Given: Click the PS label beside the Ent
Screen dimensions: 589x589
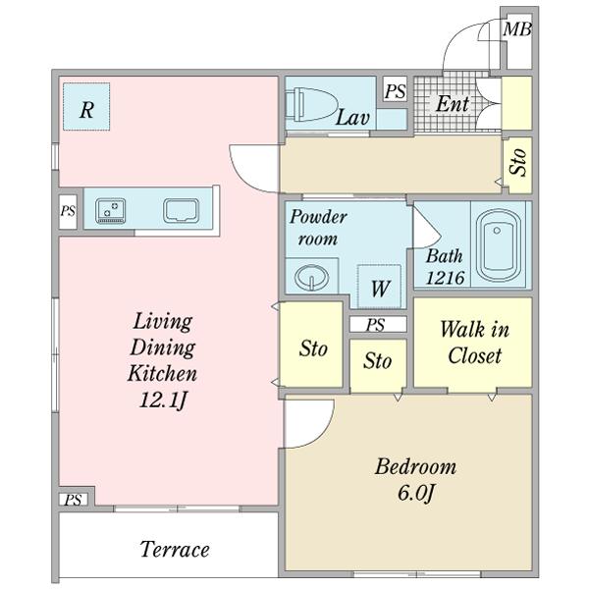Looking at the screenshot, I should click(x=395, y=91).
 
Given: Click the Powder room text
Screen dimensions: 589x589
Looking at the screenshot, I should click(x=315, y=228).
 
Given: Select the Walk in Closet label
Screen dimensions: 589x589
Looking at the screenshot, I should click(x=473, y=342).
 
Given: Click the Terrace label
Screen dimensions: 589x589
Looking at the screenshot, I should click(x=173, y=549).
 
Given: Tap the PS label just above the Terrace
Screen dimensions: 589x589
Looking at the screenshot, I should click(x=72, y=500).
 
